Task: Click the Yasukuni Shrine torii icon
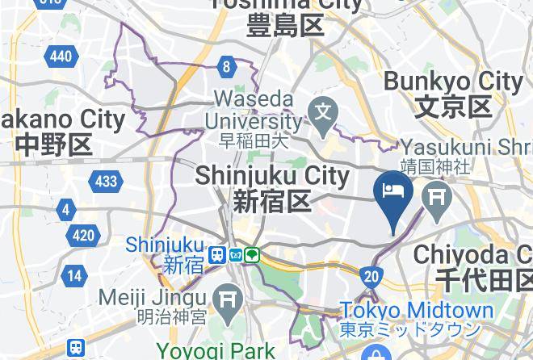439,198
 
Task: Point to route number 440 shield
61,56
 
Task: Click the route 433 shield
106,181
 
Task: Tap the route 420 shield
82,236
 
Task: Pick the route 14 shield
74,276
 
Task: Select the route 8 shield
228,67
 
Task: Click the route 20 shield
371,277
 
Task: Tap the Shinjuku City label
271,176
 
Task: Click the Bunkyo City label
453,82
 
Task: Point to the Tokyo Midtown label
416,311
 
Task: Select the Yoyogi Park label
215,351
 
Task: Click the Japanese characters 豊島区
286,26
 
